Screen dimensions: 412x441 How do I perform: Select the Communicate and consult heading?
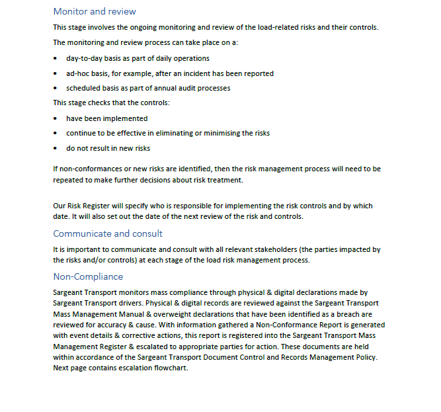(108, 233)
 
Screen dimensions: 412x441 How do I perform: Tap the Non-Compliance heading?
(88, 276)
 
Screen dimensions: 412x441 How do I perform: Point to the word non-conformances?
(91, 169)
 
